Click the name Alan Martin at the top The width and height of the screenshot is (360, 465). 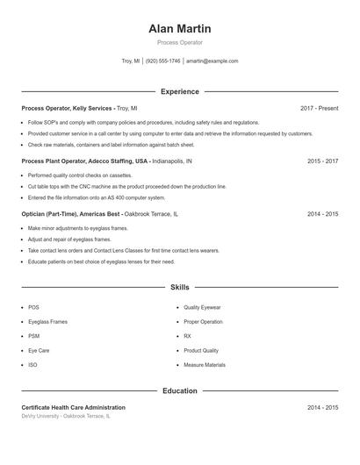tap(179, 28)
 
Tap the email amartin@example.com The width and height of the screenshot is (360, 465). tap(212, 61)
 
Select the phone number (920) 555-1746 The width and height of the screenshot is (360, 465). tap(162, 61)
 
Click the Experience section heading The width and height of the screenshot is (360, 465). tap(179, 91)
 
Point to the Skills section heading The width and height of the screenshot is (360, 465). tap(179, 287)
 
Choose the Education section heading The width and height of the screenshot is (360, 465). tap(179, 390)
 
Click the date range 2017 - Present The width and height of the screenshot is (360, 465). tap(319, 109)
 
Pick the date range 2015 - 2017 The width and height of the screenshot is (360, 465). tap(322, 161)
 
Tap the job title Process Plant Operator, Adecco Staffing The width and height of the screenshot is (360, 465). tap(84, 161)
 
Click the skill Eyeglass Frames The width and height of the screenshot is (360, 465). tap(47, 322)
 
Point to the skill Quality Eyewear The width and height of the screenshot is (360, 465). tap(202, 308)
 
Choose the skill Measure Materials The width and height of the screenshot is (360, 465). tap(204, 365)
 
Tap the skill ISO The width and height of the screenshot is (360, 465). tap(32, 365)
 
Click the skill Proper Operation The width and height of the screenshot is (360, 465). tap(203, 322)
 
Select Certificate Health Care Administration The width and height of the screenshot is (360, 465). tap(73, 408)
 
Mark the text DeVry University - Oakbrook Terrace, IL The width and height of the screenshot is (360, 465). tap(66, 416)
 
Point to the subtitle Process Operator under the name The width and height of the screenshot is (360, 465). tap(179, 42)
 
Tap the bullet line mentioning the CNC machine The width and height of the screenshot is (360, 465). tap(126, 187)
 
